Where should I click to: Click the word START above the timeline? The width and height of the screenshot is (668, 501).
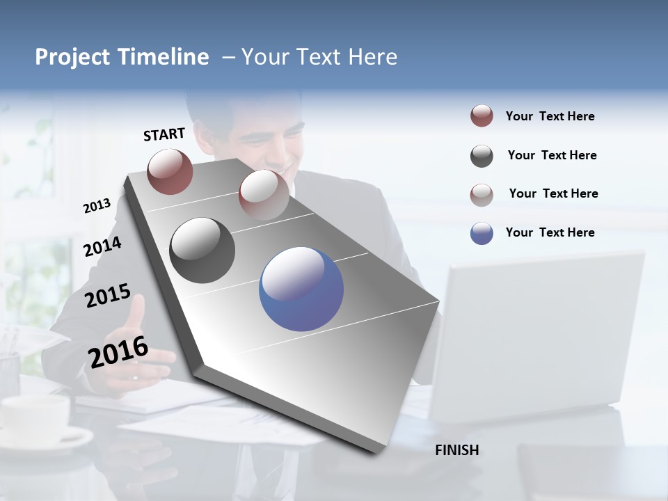164,134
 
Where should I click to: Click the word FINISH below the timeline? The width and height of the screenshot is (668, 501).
456,450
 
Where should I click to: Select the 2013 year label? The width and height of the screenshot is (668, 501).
97,206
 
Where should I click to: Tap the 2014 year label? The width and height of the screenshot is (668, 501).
102,246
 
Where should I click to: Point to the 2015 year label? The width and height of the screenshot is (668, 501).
107,296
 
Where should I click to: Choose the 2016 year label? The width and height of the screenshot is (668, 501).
118,351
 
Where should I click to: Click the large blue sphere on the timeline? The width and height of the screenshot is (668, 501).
301,289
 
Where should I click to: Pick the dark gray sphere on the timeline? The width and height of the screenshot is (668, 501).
202,250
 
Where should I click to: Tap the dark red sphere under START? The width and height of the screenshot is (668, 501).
170,171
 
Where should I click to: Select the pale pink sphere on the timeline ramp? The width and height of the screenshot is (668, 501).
264,194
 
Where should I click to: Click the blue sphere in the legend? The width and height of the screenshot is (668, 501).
482,233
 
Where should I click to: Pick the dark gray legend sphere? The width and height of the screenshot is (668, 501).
482,156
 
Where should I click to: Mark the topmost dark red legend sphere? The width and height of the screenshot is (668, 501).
482,116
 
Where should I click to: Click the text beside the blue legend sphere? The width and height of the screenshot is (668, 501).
550,232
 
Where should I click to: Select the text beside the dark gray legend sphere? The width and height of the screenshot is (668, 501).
552,155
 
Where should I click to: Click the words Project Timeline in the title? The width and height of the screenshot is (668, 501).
122,57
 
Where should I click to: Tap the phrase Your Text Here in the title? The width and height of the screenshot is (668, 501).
319,57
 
